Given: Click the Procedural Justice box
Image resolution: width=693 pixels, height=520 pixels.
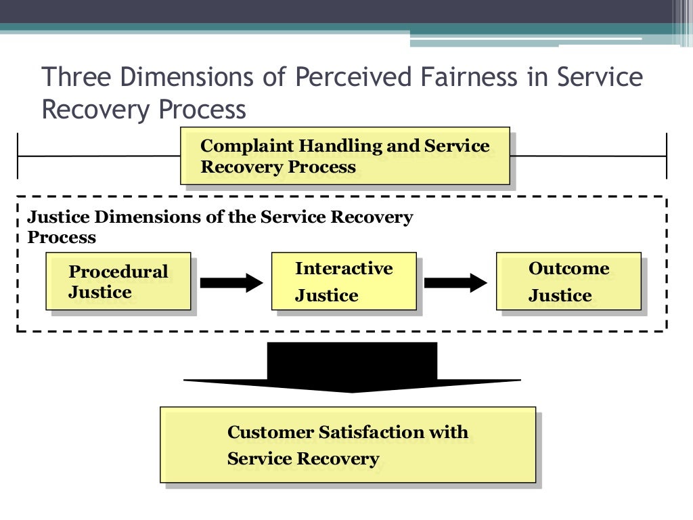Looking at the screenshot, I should tap(118, 282).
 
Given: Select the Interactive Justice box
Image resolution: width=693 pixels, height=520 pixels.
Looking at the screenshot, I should tap(344, 282).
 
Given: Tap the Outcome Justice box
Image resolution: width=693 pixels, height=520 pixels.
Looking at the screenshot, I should tap(568, 282).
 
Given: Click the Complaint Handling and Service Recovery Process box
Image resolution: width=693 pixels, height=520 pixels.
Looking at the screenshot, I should tap(345, 156).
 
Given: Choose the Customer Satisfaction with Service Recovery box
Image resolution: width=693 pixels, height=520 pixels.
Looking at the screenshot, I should tap(348, 445).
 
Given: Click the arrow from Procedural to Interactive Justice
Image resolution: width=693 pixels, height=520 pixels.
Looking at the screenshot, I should tap(231, 282).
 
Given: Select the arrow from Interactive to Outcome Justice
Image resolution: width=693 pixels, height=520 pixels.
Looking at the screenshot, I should tap(455, 282).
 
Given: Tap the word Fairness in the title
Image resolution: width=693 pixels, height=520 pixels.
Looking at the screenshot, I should tap(464, 77).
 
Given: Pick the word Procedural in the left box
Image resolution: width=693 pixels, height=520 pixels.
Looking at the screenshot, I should tap(118, 272).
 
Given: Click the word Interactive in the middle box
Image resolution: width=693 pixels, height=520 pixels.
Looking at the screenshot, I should tap(344, 268).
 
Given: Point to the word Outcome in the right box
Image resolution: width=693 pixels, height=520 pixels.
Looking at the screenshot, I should tap(568, 268).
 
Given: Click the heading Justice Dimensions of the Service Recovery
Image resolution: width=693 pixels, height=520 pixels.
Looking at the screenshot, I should tap(220, 217).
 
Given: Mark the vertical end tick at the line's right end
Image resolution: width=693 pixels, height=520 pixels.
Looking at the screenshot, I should tap(667, 156).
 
